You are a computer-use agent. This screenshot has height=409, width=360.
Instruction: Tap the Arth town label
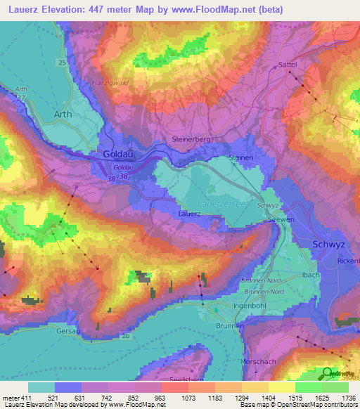pos(63,114)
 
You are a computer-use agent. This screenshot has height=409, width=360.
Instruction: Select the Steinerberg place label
pos(191,140)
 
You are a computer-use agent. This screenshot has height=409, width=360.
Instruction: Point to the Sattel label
pos(288,64)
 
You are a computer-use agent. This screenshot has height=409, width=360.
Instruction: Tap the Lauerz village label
pos(189,213)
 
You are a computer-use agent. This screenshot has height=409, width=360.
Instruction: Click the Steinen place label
pos(240,158)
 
